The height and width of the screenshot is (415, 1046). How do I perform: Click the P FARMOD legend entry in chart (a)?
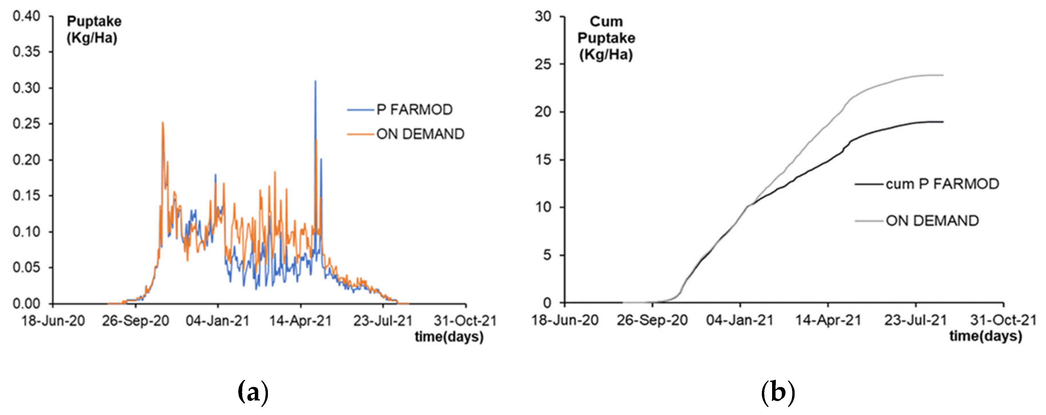click(x=414, y=110)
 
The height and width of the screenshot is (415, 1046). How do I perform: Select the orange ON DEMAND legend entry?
click(x=420, y=134)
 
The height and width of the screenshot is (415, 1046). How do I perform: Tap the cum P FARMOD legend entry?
click(x=942, y=184)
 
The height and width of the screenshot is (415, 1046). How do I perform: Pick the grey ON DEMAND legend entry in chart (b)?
click(x=932, y=221)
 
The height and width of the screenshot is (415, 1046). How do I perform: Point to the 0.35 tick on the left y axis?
click(x=27, y=52)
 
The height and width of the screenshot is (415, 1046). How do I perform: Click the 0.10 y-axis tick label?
click(x=27, y=232)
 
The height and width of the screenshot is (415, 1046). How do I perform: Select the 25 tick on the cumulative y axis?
click(x=543, y=64)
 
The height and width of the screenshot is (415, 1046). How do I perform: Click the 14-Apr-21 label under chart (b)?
click(x=828, y=320)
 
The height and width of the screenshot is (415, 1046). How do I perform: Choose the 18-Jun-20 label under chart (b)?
click(x=565, y=320)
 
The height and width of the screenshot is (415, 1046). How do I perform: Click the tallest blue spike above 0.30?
click(x=316, y=81)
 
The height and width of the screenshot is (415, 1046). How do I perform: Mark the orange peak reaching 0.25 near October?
click(x=163, y=123)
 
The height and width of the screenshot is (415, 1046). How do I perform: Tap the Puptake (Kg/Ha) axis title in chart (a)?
click(x=93, y=30)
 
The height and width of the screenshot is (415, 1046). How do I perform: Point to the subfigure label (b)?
click(x=778, y=392)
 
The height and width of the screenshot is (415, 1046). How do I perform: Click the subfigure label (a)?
click(x=253, y=392)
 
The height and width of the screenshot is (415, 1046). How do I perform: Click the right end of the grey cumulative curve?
click(x=943, y=75)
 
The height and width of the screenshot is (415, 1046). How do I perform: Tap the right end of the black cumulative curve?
click(x=943, y=122)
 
